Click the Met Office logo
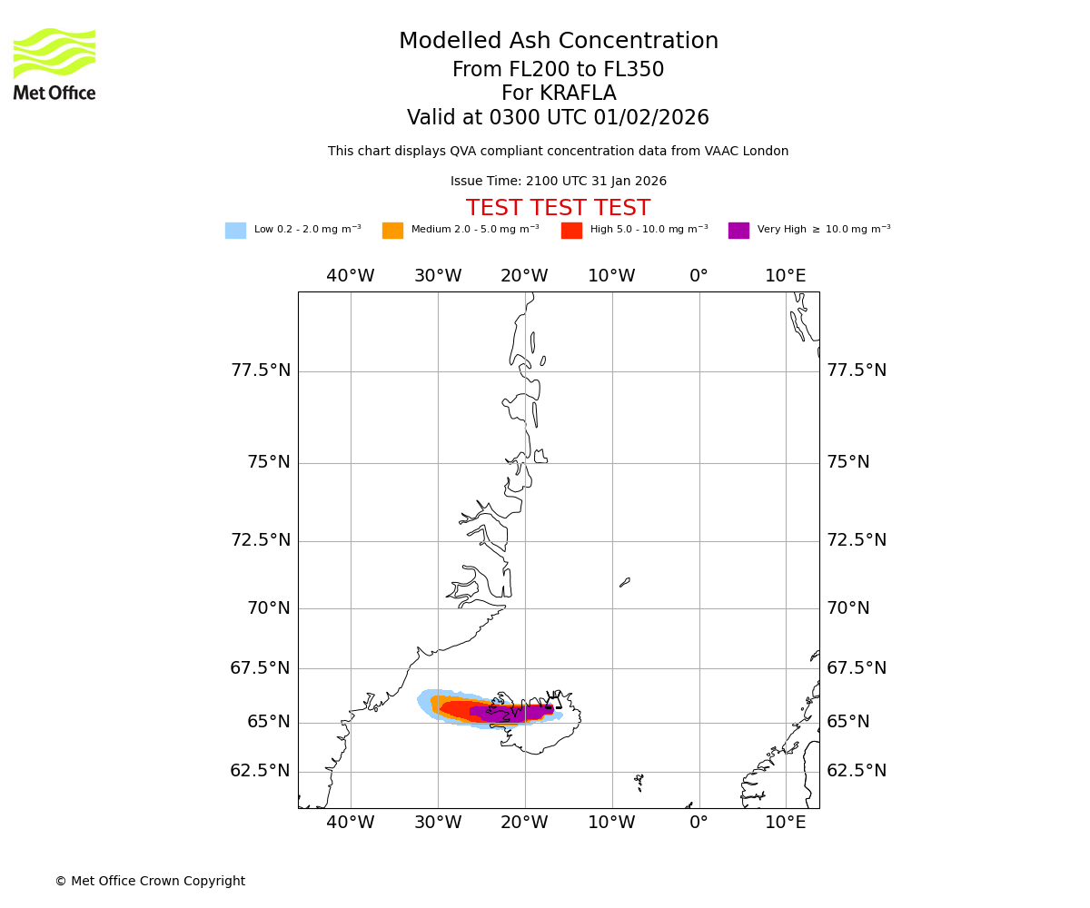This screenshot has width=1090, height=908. pyautogui.click(x=54, y=64)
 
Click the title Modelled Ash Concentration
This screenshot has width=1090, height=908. pyautogui.click(x=559, y=42)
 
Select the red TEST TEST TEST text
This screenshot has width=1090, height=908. pyautogui.click(x=558, y=209)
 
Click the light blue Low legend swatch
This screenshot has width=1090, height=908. pyautogui.click(x=235, y=231)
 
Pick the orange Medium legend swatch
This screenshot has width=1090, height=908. pyautogui.click(x=392, y=231)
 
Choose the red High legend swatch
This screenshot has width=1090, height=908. pyautogui.click(x=571, y=231)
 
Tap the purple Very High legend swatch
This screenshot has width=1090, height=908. pyautogui.click(x=738, y=231)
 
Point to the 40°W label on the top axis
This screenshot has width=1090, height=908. pyautogui.click(x=351, y=276)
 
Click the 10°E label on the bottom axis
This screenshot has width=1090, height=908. pyautogui.click(x=786, y=823)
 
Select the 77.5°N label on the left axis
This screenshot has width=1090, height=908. pyautogui.click(x=261, y=370)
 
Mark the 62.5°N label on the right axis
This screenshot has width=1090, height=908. pyautogui.click(x=857, y=771)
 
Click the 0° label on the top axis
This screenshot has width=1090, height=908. pyautogui.click(x=699, y=276)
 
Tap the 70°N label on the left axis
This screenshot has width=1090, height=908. pyautogui.click(x=269, y=608)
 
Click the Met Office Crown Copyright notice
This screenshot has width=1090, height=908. pyautogui.click(x=150, y=882)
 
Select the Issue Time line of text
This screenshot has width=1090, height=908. pyautogui.click(x=559, y=182)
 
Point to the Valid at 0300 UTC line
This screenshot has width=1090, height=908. pyautogui.click(x=558, y=118)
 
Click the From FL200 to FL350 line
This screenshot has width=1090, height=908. pyautogui.click(x=559, y=70)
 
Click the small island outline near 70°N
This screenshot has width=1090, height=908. pyautogui.click(x=625, y=582)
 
